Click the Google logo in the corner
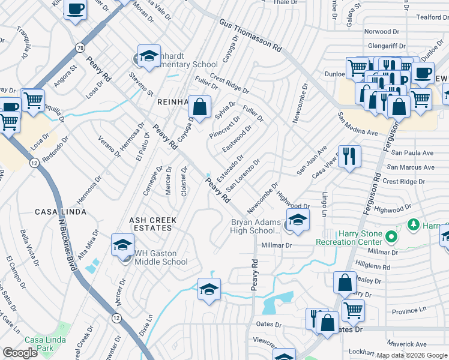[x=20, y=353]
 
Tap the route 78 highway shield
[x=80, y=47]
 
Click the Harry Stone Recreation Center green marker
[x=391, y=237]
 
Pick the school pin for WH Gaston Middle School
[x=122, y=244]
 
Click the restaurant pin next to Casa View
[x=349, y=156]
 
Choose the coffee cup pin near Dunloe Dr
[x=423, y=73]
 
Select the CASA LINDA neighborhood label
[x=60, y=212]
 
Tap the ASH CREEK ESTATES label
[x=151, y=224]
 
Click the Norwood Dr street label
[x=382, y=31]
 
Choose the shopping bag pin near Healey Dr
[x=345, y=283]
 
